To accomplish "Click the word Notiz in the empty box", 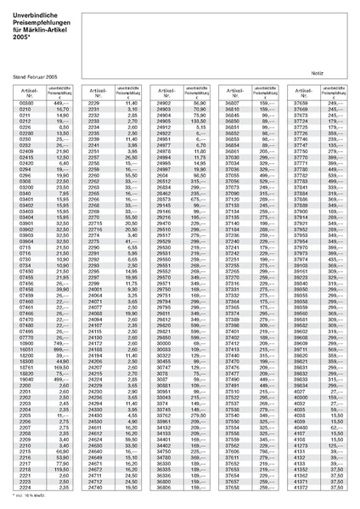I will pos(318,74).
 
